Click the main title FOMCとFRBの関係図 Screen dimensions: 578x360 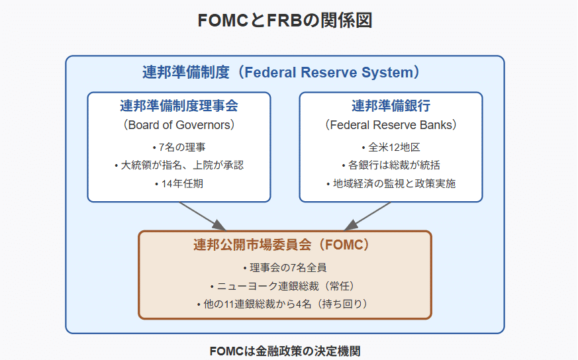point(285,21)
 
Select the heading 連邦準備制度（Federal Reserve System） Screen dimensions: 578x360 point(281,72)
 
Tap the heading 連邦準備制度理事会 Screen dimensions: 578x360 point(179,106)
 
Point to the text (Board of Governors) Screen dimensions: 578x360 point(179,125)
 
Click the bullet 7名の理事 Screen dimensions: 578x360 point(179,148)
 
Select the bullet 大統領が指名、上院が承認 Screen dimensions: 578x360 point(179,165)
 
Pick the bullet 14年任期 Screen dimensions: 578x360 point(179,183)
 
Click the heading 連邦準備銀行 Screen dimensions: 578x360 point(391,106)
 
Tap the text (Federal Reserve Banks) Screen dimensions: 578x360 point(391,125)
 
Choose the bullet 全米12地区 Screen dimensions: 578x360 point(391,148)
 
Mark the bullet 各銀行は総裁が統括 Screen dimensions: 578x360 point(391,165)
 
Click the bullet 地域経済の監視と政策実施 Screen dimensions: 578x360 point(391,183)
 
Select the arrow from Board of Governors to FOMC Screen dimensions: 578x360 point(203,216)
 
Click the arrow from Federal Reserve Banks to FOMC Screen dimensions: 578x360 point(367,216)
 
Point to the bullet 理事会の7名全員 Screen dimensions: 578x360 point(285,267)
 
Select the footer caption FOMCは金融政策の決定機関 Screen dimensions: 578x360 point(285,351)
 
